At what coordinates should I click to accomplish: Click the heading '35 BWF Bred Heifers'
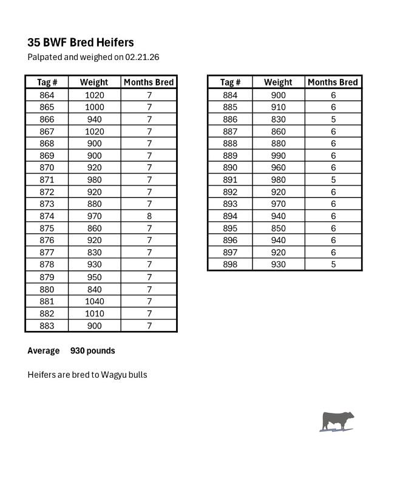coord(81,42)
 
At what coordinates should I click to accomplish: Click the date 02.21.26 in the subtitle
coord(142,57)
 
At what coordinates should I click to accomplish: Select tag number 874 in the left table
coord(47,216)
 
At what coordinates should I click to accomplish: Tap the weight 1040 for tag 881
coord(94,301)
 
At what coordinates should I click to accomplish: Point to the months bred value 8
coord(149,216)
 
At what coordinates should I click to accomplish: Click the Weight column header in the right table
coord(278,82)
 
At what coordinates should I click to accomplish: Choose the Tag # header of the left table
coord(47,82)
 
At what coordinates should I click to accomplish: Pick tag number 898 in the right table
coord(230,264)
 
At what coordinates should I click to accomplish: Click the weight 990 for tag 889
coord(278,155)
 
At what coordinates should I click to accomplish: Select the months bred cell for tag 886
coord(333,119)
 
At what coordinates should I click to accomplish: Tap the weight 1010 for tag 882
coord(94,313)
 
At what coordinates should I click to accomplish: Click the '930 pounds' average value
coord(92,350)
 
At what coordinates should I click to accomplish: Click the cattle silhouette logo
coord(337,421)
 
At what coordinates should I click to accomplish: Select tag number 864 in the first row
coord(47,95)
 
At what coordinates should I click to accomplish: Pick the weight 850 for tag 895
coord(278,228)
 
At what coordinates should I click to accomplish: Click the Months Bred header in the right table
coord(333,82)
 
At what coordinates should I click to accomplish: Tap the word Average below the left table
coord(43,350)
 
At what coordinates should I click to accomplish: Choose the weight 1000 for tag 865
coord(94,107)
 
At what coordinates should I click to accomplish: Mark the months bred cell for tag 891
coord(333,179)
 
